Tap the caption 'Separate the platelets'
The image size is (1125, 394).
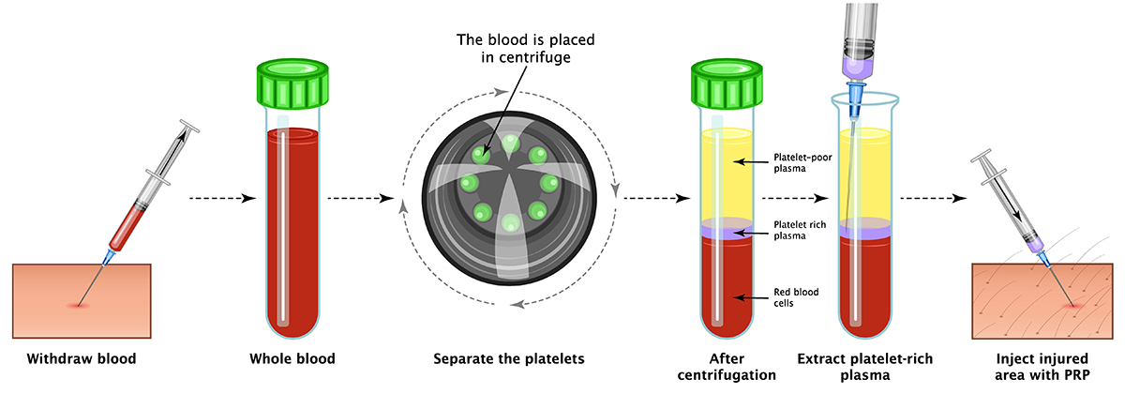509,358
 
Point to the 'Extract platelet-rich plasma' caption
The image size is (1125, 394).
864,366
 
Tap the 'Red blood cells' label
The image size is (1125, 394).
796,297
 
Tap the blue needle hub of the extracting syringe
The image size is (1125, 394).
857,93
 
